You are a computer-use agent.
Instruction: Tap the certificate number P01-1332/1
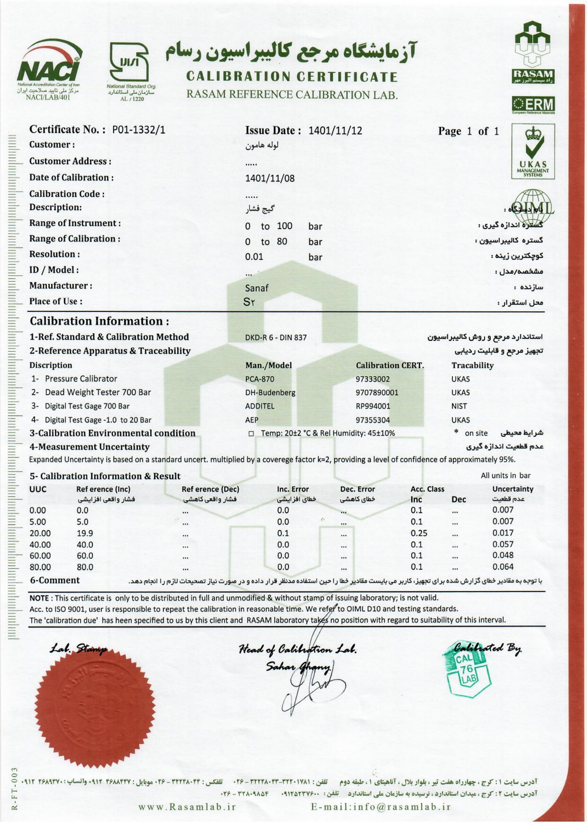click(139, 130)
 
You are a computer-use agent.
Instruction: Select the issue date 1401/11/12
click(335, 131)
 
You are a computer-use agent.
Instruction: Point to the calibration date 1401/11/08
click(270, 178)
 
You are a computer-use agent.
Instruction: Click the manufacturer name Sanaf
click(257, 288)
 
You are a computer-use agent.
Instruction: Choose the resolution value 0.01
click(254, 257)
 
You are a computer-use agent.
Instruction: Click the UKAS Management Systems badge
click(533, 152)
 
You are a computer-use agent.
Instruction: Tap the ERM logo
click(533, 105)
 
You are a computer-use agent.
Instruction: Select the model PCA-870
click(259, 379)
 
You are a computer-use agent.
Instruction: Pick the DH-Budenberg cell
click(270, 392)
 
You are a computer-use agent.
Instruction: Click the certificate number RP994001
click(373, 406)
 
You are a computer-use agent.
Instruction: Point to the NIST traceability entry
click(459, 406)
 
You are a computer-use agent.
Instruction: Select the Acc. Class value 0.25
click(419, 533)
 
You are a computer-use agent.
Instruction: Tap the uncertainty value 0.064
click(503, 567)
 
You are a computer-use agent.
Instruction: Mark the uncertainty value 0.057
click(503, 544)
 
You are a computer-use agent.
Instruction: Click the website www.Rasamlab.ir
click(187, 807)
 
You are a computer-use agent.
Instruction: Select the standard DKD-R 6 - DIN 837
click(276, 338)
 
